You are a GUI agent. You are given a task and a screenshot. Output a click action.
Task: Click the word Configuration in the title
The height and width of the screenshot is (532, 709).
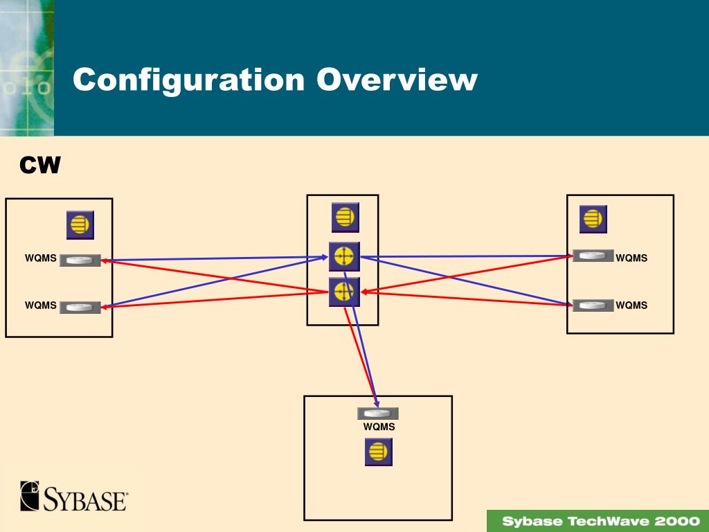(x=188, y=80)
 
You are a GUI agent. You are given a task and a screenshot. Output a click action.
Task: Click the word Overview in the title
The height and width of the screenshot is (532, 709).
(x=397, y=80)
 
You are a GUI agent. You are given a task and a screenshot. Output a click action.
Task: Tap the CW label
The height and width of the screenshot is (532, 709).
(x=40, y=166)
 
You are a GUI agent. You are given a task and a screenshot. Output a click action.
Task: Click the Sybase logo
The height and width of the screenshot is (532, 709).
(x=74, y=497)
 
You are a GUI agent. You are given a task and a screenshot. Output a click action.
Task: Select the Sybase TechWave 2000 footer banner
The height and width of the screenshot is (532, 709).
(x=598, y=521)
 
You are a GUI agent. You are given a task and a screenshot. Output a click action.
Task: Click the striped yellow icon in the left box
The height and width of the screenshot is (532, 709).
(x=80, y=225)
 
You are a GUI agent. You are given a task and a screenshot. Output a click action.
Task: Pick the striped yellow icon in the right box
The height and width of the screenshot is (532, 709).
(x=593, y=219)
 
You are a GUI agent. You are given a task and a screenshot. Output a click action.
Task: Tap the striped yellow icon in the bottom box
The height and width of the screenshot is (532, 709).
(x=378, y=452)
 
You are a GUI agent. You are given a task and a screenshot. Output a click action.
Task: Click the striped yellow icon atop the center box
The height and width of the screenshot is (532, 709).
(x=345, y=217)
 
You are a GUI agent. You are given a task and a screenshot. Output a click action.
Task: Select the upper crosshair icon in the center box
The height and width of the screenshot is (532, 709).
(x=344, y=257)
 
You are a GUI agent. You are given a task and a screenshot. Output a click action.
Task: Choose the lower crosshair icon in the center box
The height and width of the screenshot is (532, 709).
(x=344, y=292)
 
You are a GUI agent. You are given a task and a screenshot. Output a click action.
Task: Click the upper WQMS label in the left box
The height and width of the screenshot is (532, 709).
(x=41, y=258)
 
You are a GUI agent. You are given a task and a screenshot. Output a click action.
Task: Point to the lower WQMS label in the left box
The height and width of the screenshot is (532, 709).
(x=41, y=305)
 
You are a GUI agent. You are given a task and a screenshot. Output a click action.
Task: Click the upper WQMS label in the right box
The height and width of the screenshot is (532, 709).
(x=631, y=258)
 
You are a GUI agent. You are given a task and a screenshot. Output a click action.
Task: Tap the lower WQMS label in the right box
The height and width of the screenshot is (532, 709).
(x=631, y=305)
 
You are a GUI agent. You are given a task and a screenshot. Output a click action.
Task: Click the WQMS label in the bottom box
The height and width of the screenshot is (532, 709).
(x=379, y=427)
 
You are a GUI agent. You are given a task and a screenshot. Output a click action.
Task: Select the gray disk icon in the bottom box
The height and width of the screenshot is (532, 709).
(x=377, y=414)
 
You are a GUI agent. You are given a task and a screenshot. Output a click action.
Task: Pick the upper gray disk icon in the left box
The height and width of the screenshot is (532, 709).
(x=80, y=260)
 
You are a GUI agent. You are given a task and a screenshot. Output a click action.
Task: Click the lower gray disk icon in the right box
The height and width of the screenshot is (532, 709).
(x=593, y=305)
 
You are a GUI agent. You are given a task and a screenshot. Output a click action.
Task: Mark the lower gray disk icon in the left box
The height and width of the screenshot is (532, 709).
(x=80, y=307)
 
